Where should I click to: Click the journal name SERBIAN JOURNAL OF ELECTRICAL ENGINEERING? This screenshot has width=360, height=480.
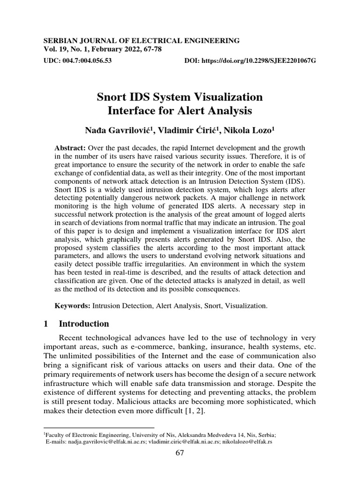click(141, 41)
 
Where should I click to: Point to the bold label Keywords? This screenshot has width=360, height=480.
click(72, 306)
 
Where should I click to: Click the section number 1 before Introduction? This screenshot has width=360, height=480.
click(45, 324)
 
